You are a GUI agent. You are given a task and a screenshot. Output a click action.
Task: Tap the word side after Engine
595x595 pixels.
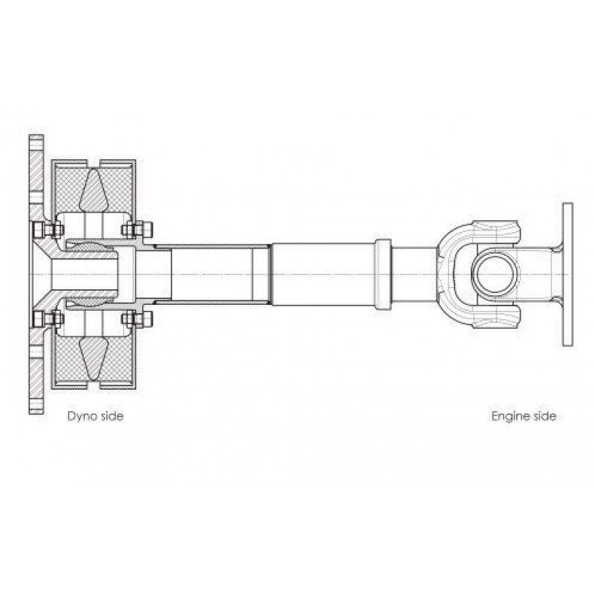[544, 416]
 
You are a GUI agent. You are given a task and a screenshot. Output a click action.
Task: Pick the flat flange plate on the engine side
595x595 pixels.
[567, 274]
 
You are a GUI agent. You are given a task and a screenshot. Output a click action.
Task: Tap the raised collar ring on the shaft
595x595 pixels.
[383, 274]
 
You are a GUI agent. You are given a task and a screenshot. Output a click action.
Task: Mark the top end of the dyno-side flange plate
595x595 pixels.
[36, 135]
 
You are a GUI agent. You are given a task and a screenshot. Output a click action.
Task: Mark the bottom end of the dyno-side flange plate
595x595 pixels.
[36, 413]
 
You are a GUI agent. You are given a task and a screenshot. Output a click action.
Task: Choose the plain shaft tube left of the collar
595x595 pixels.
[324, 274]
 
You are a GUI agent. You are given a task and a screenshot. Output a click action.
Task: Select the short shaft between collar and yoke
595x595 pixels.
[414, 274]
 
